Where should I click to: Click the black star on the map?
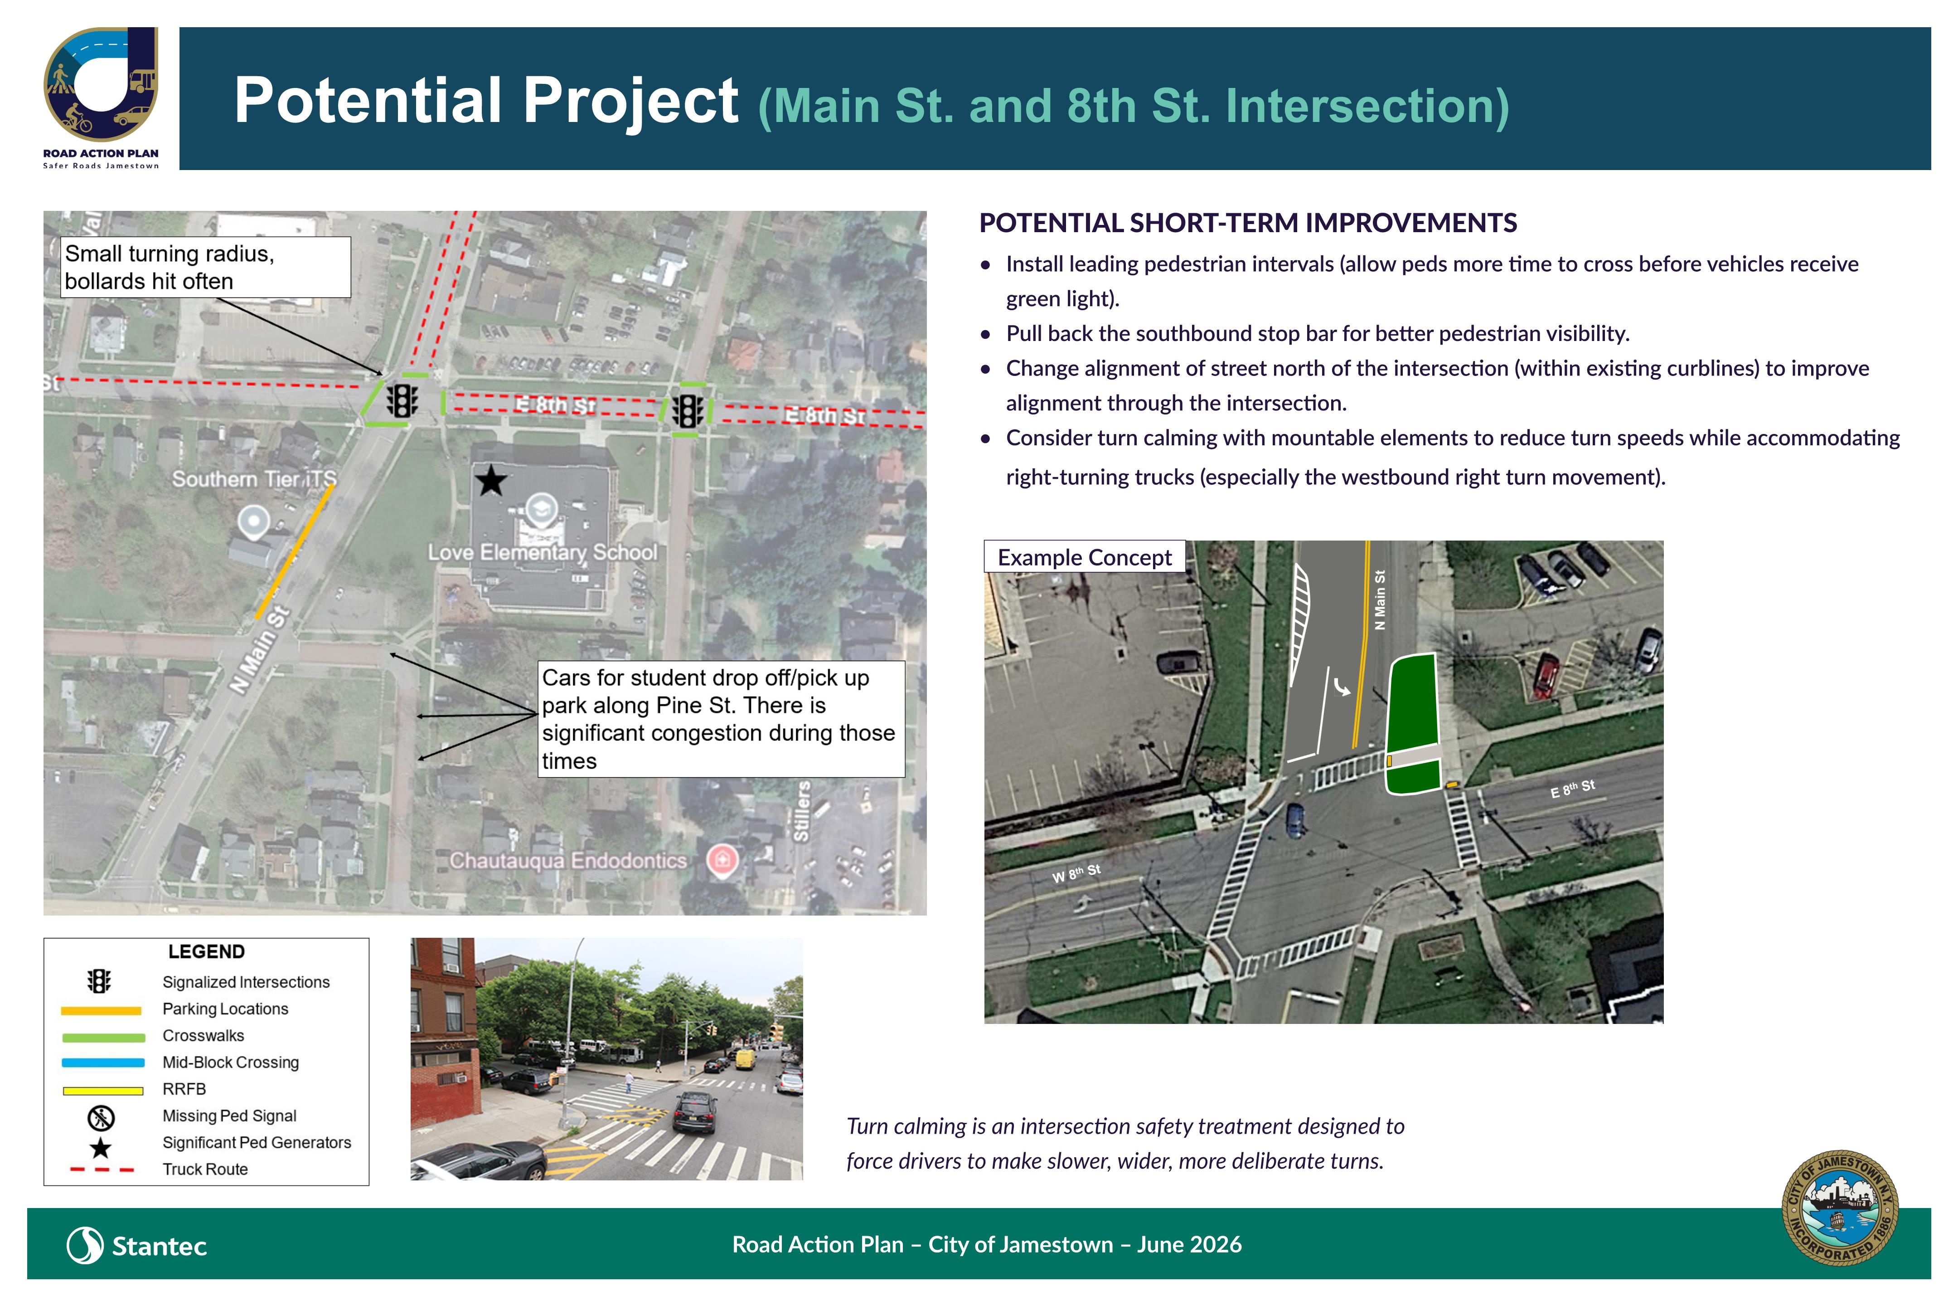click(491, 481)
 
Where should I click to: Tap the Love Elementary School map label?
click(543, 552)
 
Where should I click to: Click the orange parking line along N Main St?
click(295, 551)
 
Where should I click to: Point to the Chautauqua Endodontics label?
click(568, 860)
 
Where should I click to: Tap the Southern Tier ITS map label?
click(254, 479)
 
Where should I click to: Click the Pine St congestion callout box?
click(721, 719)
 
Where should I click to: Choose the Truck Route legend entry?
click(205, 1170)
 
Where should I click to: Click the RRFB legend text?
click(184, 1089)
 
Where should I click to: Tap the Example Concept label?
click(1085, 557)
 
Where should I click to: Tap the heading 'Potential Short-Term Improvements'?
click(1248, 223)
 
